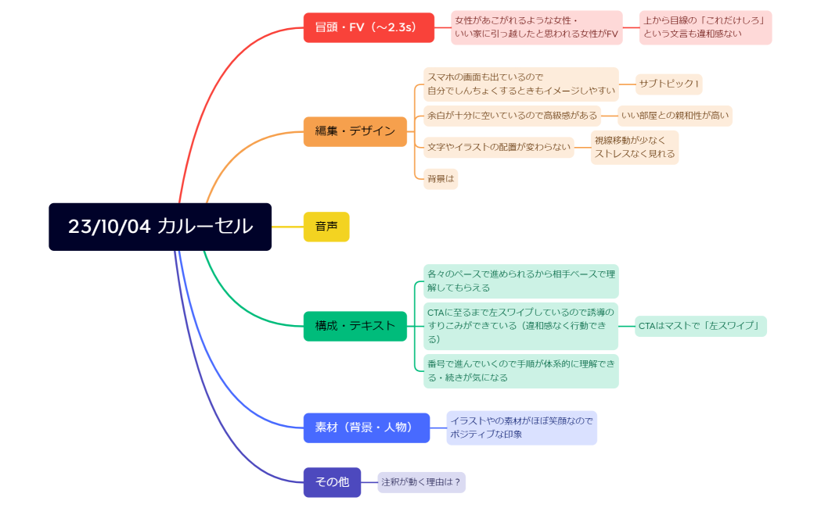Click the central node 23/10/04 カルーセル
pos(160,227)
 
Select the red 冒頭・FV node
pos(369,27)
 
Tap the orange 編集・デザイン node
pos(355,132)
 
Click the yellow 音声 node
pos(326,227)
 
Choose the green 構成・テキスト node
pos(355,326)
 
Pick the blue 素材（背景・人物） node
pos(366,428)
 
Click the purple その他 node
pos(332,482)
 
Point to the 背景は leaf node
pos(441,179)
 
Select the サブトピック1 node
pos(668,84)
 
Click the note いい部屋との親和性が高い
pos(675,116)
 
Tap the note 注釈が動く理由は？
pos(422,482)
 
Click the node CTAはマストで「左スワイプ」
pos(700,326)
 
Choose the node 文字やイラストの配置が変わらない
pos(499,148)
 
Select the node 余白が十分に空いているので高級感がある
pos(512,116)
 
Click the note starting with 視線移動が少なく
pos(635,148)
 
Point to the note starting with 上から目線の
pos(705,27)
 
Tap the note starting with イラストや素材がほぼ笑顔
pos(521,428)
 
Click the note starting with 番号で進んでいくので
pos(521,371)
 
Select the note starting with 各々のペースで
pos(521,281)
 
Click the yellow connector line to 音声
pos(287,227)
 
